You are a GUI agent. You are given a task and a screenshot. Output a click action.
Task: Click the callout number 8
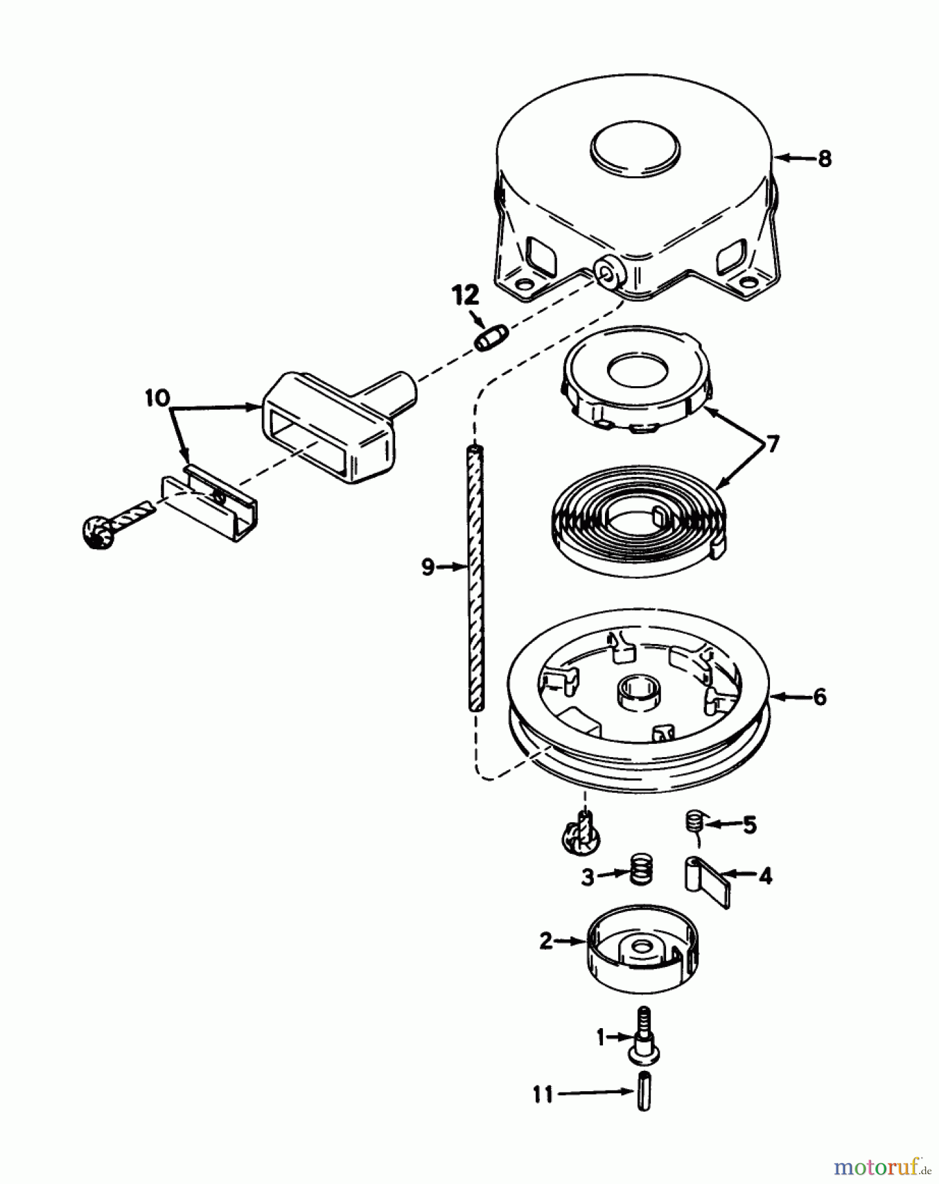click(825, 159)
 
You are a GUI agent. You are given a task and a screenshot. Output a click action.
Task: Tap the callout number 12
click(466, 296)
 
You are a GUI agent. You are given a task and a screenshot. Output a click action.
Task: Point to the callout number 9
click(428, 566)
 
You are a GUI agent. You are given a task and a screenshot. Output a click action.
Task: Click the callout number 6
click(819, 697)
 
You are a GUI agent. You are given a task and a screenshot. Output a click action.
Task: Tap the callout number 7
click(772, 445)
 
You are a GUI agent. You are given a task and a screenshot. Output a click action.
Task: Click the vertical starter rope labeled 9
click(475, 579)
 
